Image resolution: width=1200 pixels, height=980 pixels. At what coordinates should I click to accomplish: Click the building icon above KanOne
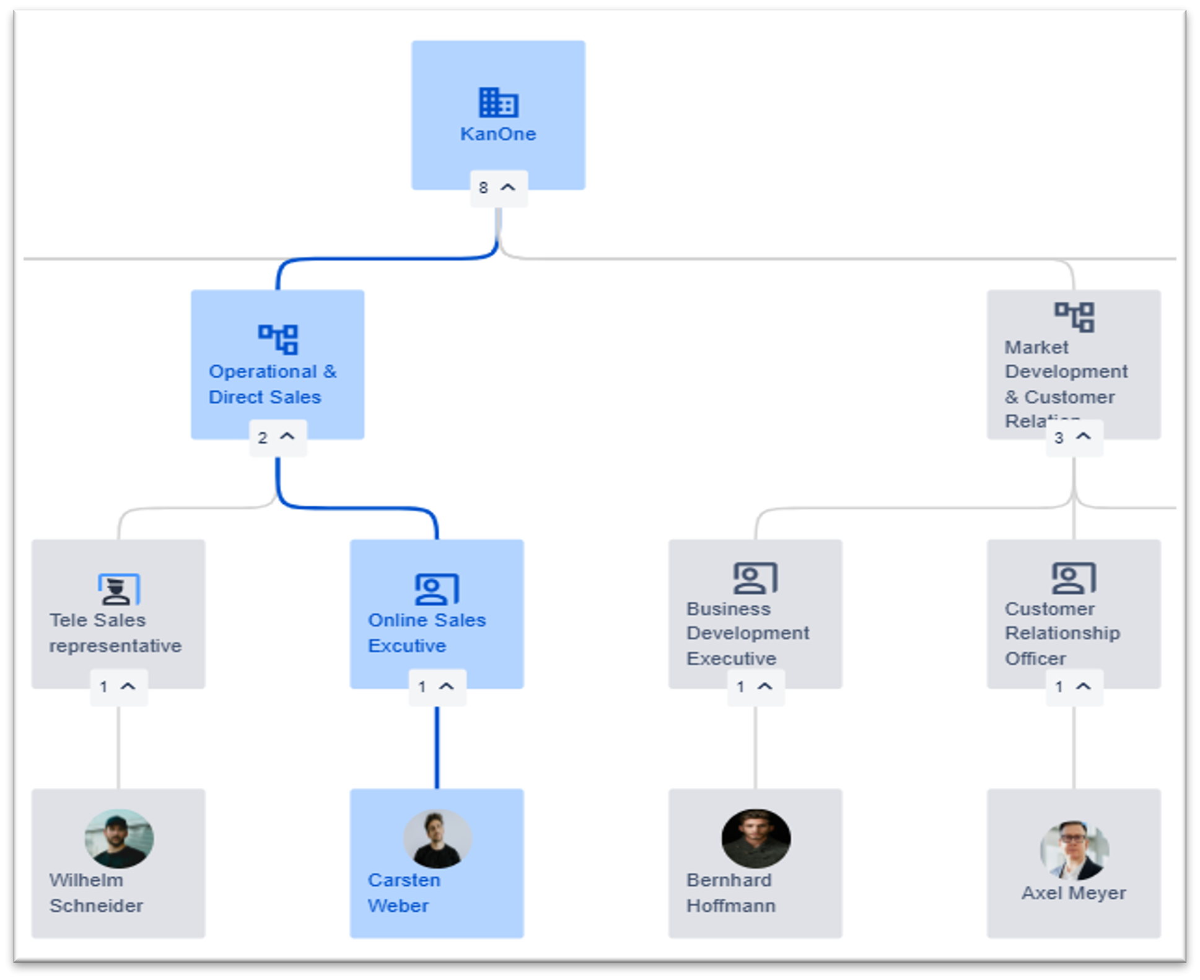pos(498,102)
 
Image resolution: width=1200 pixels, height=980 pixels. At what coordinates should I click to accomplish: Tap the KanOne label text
pos(498,134)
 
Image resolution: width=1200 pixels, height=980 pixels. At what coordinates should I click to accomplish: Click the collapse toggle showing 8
pos(498,187)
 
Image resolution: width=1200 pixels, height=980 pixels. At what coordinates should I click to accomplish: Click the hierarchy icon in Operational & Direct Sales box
pos(278,339)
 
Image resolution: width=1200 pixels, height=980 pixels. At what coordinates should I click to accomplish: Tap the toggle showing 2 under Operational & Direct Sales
pos(277,438)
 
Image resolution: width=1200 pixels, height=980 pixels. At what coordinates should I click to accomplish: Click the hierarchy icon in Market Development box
pos(1074,317)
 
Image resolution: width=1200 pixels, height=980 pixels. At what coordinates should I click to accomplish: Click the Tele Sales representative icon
pos(119,589)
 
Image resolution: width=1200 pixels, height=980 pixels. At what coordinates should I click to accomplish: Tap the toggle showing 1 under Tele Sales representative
pos(118,687)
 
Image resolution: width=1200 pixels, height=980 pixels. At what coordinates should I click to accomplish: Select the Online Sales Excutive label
pos(426,632)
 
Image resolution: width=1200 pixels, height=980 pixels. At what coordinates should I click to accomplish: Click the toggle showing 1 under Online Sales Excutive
pos(437,687)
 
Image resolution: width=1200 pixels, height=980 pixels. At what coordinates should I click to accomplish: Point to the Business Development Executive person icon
pos(755,577)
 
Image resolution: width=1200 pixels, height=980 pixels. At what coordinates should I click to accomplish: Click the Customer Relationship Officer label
pos(1062,633)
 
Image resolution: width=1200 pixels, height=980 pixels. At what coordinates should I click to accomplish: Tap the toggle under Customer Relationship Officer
pos(1074,687)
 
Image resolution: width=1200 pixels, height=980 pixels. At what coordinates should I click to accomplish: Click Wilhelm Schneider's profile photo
pos(119,838)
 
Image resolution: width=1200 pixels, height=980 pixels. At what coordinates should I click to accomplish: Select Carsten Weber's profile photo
pos(437,838)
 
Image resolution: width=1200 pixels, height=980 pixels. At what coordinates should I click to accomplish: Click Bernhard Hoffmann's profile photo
pos(755,838)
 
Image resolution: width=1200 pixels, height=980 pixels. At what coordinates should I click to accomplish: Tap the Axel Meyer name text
pos(1074,893)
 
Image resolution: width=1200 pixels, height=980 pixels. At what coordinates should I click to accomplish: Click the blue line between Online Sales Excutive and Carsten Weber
pos(437,747)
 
